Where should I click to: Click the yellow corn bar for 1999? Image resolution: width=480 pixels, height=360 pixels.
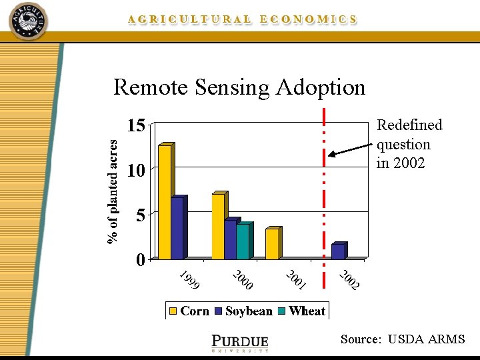(165, 202)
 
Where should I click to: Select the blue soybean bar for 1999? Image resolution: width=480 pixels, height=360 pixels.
(177, 228)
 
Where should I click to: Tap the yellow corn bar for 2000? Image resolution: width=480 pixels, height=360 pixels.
(218, 226)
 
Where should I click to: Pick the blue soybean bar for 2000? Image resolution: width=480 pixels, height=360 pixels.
(230, 239)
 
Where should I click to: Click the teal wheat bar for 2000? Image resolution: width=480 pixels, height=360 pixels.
(242, 241)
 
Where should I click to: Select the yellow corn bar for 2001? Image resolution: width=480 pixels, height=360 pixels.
(271, 243)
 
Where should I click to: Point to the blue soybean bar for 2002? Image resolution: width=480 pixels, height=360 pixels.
(338, 251)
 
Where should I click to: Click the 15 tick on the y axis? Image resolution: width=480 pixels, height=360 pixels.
(136, 126)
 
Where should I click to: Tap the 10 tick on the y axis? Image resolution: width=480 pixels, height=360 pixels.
(136, 171)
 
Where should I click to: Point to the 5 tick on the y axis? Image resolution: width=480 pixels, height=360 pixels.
(141, 215)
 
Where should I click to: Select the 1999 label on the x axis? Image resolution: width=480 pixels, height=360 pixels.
(190, 281)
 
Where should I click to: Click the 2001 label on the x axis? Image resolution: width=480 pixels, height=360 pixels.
(296, 281)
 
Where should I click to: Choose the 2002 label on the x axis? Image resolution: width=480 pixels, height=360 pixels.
(349, 281)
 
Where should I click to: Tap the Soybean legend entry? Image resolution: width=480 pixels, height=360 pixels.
(243, 311)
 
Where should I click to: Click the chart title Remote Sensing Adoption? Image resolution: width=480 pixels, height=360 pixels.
(239, 87)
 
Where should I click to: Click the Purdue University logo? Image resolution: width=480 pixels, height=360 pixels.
(239, 342)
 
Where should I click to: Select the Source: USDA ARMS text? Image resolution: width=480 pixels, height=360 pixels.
(402, 339)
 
